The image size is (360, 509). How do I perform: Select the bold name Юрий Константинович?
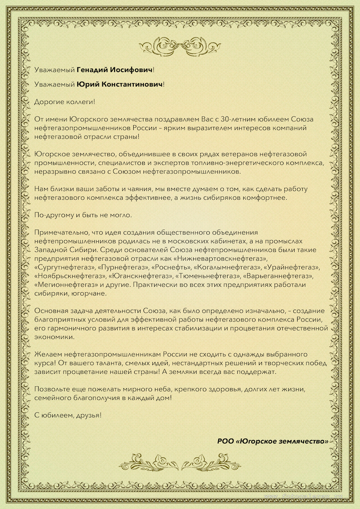click(x=120, y=85)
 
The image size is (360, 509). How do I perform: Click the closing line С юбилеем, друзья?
click(x=68, y=414)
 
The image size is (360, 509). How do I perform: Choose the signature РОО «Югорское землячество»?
click(x=273, y=441)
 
